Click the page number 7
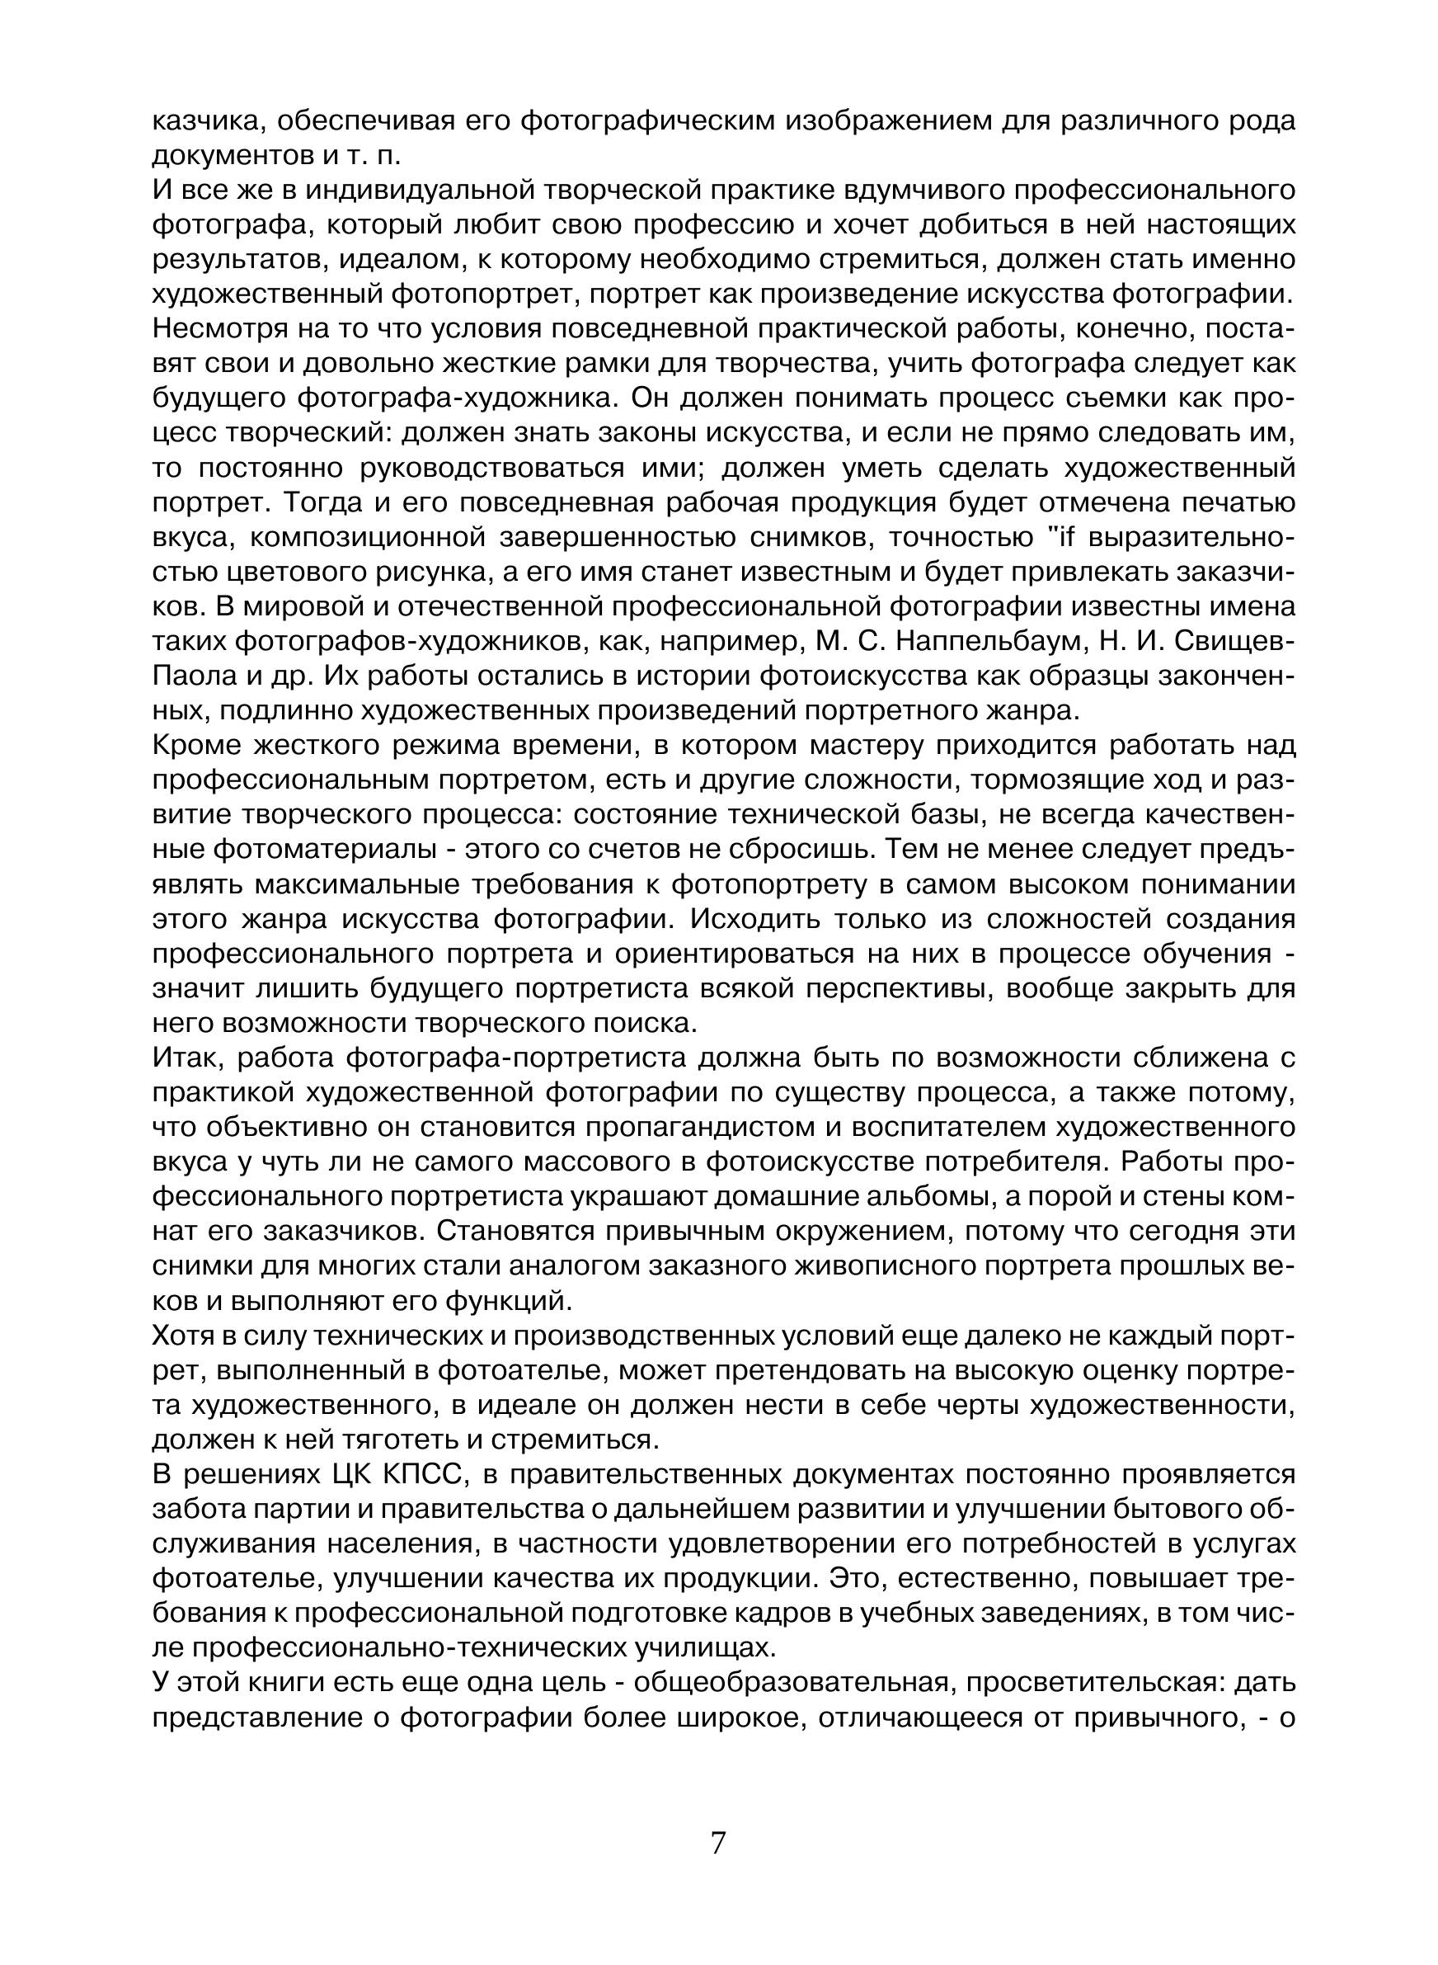click(x=718, y=1843)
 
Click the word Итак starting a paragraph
click(x=183, y=1058)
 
